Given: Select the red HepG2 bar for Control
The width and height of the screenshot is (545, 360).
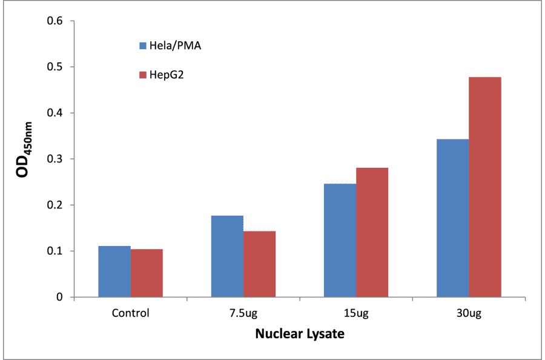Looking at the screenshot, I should click(x=147, y=273).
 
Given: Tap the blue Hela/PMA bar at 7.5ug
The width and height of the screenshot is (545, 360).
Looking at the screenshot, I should click(x=227, y=256).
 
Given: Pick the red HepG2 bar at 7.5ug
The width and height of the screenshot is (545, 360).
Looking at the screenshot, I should click(x=259, y=264).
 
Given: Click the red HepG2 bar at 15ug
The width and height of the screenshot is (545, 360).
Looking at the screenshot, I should click(x=372, y=233).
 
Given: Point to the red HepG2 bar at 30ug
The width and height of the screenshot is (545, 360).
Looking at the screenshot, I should click(x=485, y=187).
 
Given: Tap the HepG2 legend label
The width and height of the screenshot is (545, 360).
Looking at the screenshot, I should click(x=166, y=75).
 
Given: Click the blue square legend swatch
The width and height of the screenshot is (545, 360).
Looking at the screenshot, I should click(x=143, y=45).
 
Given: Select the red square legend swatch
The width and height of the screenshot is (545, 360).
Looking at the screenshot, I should click(x=143, y=75).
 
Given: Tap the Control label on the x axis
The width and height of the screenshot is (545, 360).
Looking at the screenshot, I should click(x=130, y=313).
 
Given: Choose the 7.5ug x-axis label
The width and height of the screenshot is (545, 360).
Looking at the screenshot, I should click(x=243, y=313).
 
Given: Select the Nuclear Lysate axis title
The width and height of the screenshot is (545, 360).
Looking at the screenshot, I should click(x=299, y=334).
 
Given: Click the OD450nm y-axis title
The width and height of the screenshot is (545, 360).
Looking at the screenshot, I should click(x=24, y=159).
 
